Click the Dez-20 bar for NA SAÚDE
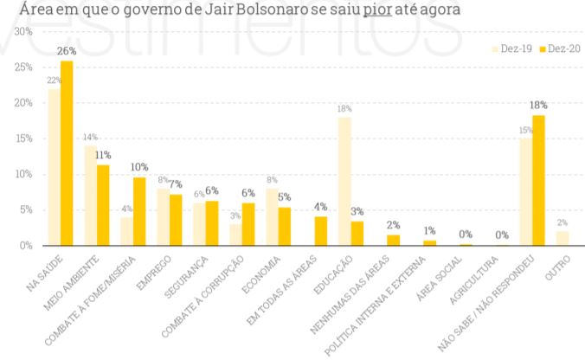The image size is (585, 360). click(67, 153)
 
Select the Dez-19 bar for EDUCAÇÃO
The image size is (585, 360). click(344, 181)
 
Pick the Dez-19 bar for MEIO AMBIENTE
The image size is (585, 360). click(91, 196)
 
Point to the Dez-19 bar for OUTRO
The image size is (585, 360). click(562, 238)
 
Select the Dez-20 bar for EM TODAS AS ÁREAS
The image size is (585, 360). click(321, 231)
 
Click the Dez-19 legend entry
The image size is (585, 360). click(514, 49)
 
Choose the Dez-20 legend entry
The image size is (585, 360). click(557, 49)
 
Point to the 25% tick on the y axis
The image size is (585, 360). click(23, 67)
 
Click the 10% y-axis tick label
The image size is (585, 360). click(23, 174)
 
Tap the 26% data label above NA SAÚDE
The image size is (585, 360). click(67, 52)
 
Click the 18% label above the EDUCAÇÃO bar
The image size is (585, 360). click(344, 109)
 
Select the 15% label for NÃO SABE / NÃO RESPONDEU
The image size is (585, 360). click(525, 131)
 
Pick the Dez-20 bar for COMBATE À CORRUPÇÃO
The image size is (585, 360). click(248, 224)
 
